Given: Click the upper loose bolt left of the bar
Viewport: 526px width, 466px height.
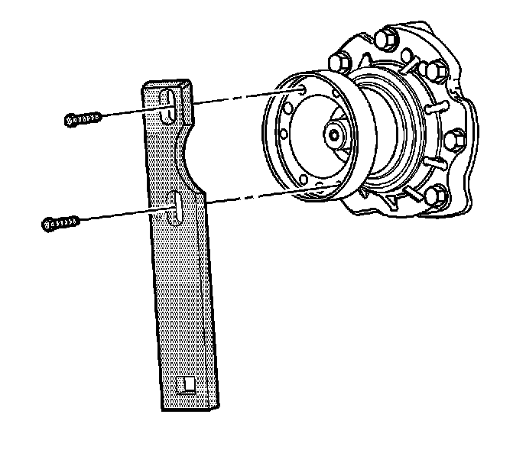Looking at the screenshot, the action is point(83,118).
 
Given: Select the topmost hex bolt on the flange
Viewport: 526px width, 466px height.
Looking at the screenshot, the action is point(387,39).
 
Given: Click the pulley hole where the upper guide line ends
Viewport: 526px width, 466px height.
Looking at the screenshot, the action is point(304,90).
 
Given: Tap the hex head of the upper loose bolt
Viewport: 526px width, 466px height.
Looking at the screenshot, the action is point(70,120).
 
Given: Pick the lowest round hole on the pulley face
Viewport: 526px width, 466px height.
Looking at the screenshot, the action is point(304,180).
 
